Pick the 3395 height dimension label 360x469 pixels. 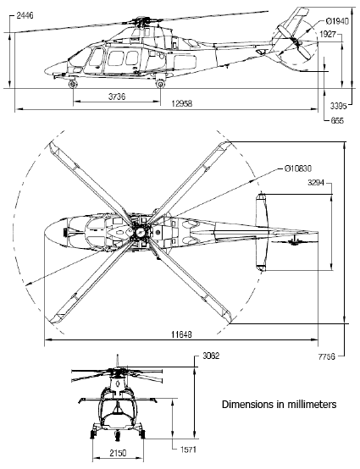click(338, 108)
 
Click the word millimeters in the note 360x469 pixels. click(308, 405)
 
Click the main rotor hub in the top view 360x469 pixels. click(138, 230)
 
